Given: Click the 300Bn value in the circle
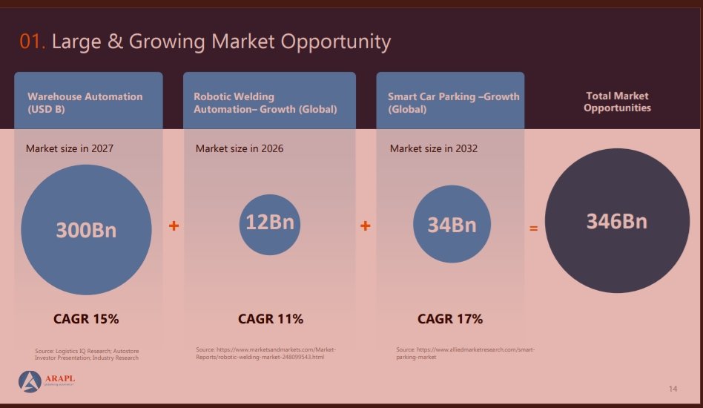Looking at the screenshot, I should [86, 230].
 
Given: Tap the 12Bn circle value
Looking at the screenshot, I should [270, 223].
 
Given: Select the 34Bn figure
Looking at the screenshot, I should [452, 224].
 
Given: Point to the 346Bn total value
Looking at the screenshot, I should [617, 221].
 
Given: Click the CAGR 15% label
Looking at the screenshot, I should [86, 319].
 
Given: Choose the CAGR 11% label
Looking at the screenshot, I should [271, 319].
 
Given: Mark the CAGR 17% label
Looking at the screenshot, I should [450, 319].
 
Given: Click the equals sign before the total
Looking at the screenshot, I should [533, 228].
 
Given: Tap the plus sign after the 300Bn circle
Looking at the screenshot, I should [174, 226].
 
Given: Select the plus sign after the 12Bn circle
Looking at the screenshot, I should [365, 226].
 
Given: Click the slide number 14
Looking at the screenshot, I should [673, 389].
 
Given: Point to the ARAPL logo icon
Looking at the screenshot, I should [30, 381].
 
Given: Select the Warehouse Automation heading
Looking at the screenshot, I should [85, 102].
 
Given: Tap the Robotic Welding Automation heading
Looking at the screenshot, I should [265, 102].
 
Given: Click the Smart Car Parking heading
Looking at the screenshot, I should [453, 102].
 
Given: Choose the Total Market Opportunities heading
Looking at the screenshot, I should [617, 102].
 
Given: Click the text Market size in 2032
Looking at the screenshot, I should [434, 148].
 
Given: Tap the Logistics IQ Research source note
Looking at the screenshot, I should [87, 354].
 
